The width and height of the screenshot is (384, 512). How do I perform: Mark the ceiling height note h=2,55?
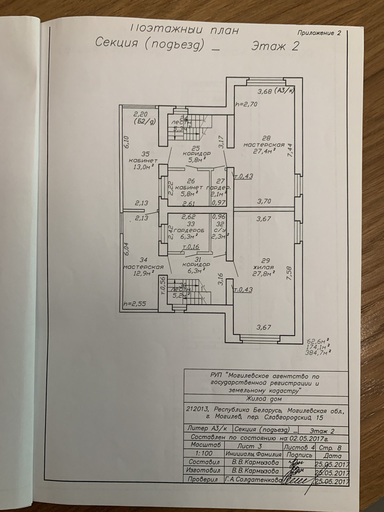[134, 304]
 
